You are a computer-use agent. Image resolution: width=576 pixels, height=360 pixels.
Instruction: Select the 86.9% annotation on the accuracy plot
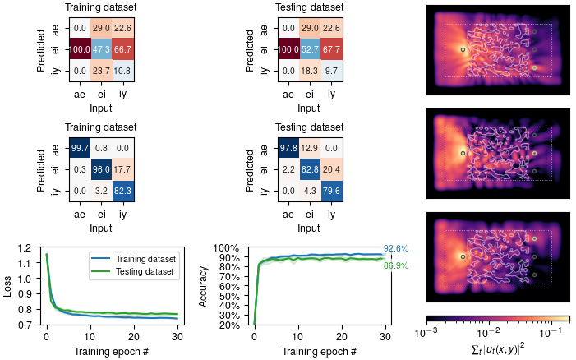coord(395,265)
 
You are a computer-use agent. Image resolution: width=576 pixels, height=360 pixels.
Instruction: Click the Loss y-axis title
coord(9,286)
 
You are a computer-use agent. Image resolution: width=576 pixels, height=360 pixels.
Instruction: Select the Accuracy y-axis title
coord(204,286)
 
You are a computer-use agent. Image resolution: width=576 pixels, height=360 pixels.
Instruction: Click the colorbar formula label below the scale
coord(498,348)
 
